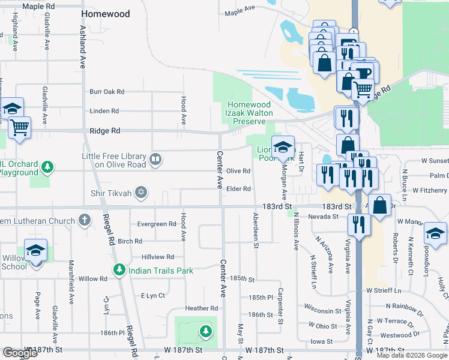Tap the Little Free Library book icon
click(155, 160)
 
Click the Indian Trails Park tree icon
click(120, 271)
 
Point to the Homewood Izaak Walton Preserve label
click(249, 113)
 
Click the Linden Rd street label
click(104, 111)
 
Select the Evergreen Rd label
click(156, 224)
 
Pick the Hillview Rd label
click(157, 256)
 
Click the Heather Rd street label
click(201, 308)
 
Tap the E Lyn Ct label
click(152, 296)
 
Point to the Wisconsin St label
click(322, 311)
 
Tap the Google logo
click(20, 353)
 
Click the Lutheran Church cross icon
click(85, 220)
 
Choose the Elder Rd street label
click(238, 189)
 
